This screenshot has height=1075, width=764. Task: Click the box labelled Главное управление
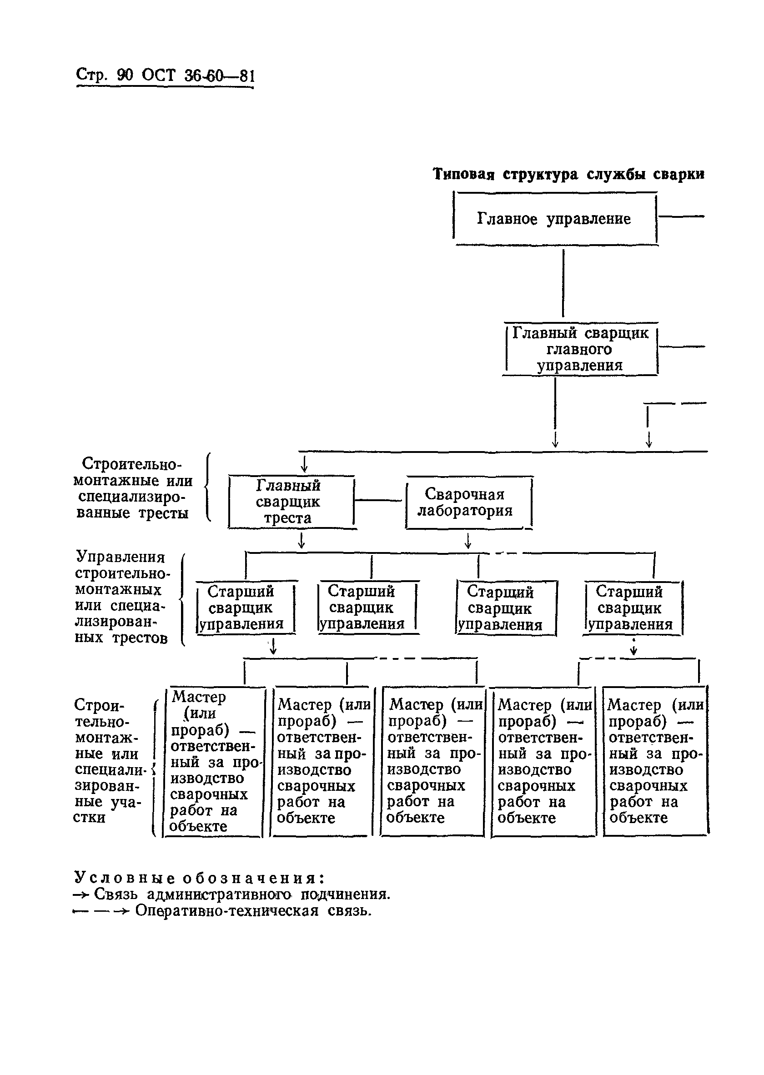click(x=555, y=219)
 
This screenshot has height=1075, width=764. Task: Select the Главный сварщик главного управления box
click(x=581, y=349)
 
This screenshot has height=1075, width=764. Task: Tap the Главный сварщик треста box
click(x=291, y=502)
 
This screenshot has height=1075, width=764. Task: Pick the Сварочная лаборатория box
click(x=468, y=502)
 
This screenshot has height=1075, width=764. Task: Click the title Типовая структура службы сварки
click(x=568, y=174)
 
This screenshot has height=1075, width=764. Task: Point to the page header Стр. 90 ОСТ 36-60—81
click(x=165, y=75)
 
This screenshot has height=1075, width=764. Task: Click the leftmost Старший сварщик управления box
click(x=246, y=608)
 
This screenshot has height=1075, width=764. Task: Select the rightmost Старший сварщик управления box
click(x=633, y=608)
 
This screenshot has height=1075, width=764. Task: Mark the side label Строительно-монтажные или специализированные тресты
click(x=134, y=488)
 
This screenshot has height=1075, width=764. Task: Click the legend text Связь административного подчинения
click(x=242, y=894)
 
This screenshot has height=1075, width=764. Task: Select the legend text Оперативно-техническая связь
click(x=253, y=911)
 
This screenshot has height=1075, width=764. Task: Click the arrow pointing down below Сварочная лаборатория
click(x=467, y=541)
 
